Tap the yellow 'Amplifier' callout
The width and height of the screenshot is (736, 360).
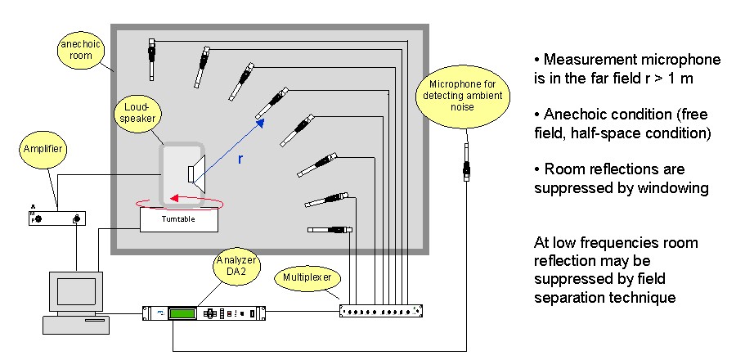point(46,151)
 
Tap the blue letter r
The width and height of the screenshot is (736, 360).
point(239,159)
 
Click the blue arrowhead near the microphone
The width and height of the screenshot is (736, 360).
point(262,123)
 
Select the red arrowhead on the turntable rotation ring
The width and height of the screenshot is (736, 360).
point(174,197)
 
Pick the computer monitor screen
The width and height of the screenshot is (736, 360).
point(70,290)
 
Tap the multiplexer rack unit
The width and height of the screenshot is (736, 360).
point(382,310)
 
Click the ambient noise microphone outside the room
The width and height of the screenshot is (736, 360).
point(467,164)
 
